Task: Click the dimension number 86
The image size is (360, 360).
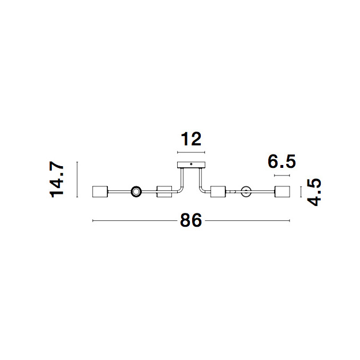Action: [191, 220]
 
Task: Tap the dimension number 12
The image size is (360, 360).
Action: [191, 139]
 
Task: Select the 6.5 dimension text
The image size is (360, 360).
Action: [282, 162]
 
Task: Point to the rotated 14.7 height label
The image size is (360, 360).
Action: [57, 179]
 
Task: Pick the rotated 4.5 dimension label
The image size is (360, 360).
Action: [314, 192]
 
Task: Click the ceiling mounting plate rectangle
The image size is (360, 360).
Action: [192, 165]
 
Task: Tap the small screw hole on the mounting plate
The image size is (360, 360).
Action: [192, 164]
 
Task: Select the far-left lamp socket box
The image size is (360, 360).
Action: [100, 192]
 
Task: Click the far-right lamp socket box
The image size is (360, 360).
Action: [282, 192]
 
